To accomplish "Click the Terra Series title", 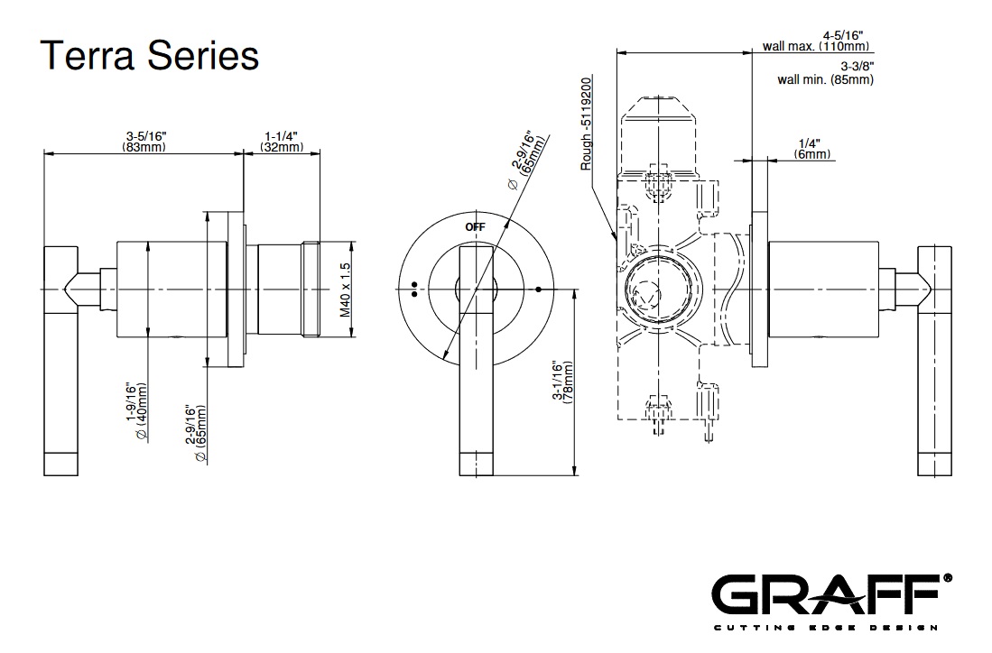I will pyautogui.click(x=150, y=56).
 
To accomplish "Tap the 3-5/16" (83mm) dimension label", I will pyautogui.click(x=146, y=141).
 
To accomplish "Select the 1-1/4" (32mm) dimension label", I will pyautogui.click(x=282, y=141).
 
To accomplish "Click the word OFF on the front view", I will pyautogui.click(x=475, y=227).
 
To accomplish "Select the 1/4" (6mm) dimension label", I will pyautogui.click(x=811, y=149).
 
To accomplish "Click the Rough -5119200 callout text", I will pyautogui.click(x=587, y=124).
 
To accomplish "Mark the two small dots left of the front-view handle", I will pyautogui.click(x=413, y=289).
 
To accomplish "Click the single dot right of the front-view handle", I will pyautogui.click(x=539, y=290).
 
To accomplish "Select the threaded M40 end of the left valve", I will pyautogui.click(x=312, y=290).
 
